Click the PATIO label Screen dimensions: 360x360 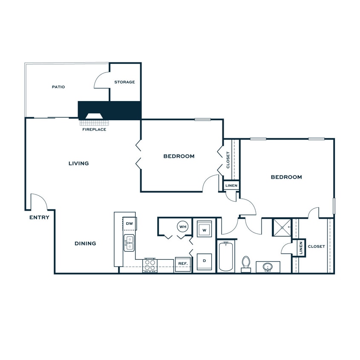(58, 87)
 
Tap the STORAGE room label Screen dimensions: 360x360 (124, 82)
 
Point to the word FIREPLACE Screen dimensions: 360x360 (94, 129)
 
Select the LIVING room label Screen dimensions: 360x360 (79, 163)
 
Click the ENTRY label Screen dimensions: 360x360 (39, 218)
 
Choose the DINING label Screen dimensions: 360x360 (85, 244)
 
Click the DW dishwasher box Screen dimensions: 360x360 (130, 224)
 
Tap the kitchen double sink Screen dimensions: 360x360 (129, 243)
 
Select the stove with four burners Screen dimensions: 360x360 (150, 265)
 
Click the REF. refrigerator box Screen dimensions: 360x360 (183, 264)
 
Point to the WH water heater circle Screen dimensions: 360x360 (183, 226)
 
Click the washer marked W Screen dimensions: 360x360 (204, 229)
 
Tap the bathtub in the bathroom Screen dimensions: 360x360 (226, 256)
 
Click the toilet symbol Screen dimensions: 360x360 (246, 263)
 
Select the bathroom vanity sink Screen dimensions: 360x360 (268, 267)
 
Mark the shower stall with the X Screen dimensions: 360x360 (282, 227)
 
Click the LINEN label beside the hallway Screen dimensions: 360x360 (231, 186)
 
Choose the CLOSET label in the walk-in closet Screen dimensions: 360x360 (316, 247)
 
